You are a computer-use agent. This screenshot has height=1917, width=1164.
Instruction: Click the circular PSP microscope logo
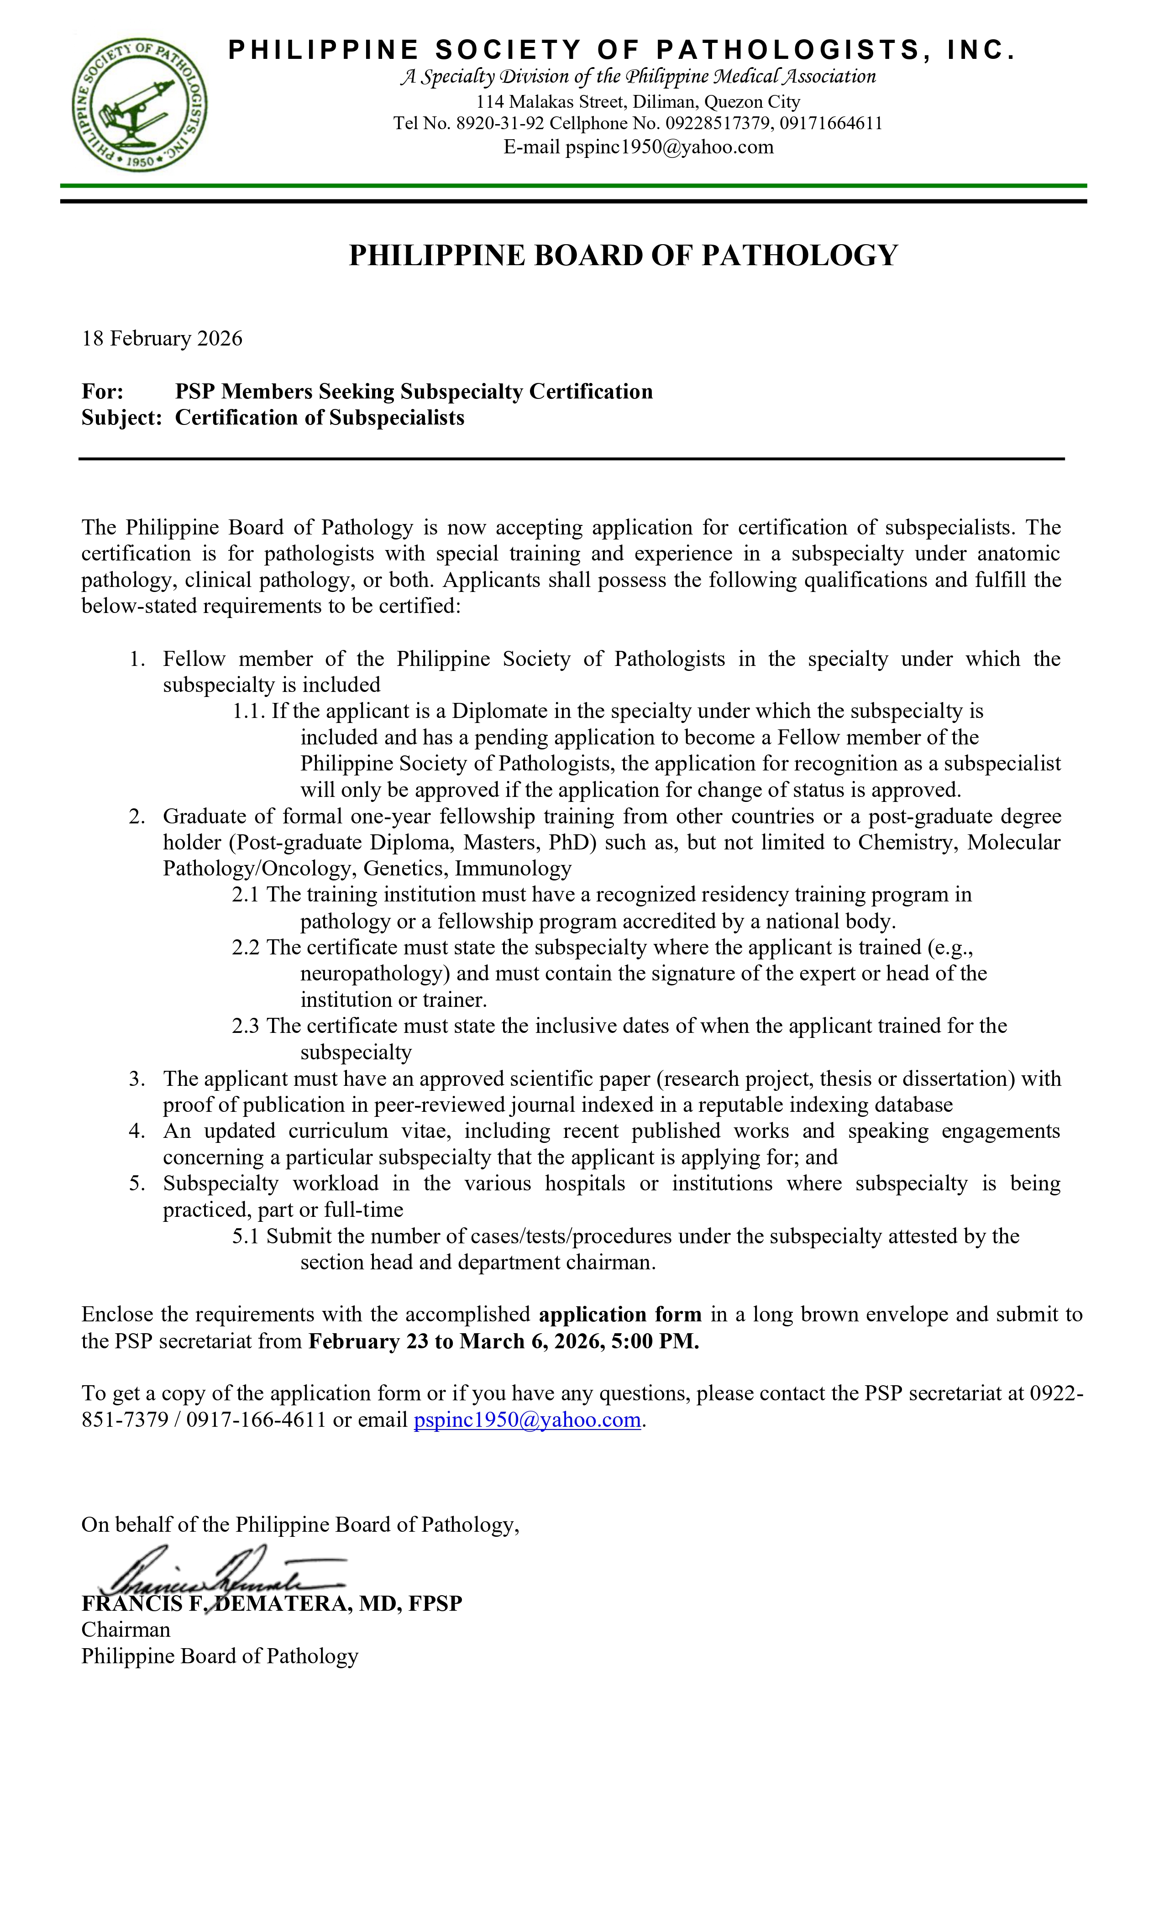pyautogui.click(x=140, y=105)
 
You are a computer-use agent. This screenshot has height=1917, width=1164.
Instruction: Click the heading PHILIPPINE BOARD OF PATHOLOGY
pyautogui.click(x=623, y=255)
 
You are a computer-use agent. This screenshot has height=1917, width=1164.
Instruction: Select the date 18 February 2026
pyautogui.click(x=162, y=338)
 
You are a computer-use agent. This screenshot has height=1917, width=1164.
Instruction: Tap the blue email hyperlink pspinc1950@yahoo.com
pyautogui.click(x=527, y=1420)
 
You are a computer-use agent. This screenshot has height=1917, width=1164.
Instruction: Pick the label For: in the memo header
pyautogui.click(x=103, y=391)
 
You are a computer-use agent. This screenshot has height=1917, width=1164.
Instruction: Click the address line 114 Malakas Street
pyautogui.click(x=638, y=102)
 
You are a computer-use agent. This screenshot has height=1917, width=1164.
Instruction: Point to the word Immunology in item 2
pyautogui.click(x=514, y=868)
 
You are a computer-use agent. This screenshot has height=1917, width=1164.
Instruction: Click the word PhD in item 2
pyautogui.click(x=572, y=843)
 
